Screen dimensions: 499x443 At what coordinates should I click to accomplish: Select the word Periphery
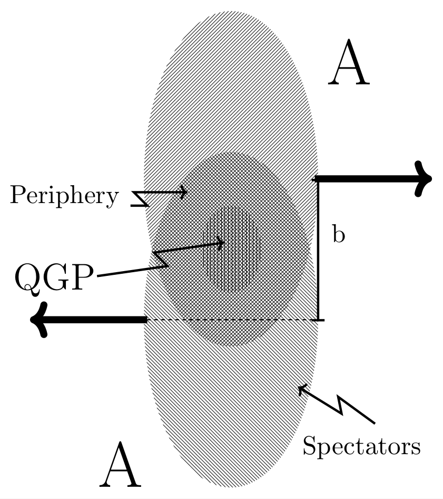click(64, 196)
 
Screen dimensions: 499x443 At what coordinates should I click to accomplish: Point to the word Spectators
click(361, 446)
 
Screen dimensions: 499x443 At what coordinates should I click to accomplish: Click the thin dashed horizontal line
click(232, 320)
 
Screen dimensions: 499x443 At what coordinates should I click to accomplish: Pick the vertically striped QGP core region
click(232, 248)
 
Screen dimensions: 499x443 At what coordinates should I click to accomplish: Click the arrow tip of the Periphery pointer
click(186, 192)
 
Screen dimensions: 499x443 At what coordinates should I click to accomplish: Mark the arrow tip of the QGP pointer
click(223, 243)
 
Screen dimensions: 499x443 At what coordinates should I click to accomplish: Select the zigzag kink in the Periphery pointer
click(141, 199)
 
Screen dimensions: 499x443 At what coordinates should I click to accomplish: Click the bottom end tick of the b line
click(318, 320)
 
